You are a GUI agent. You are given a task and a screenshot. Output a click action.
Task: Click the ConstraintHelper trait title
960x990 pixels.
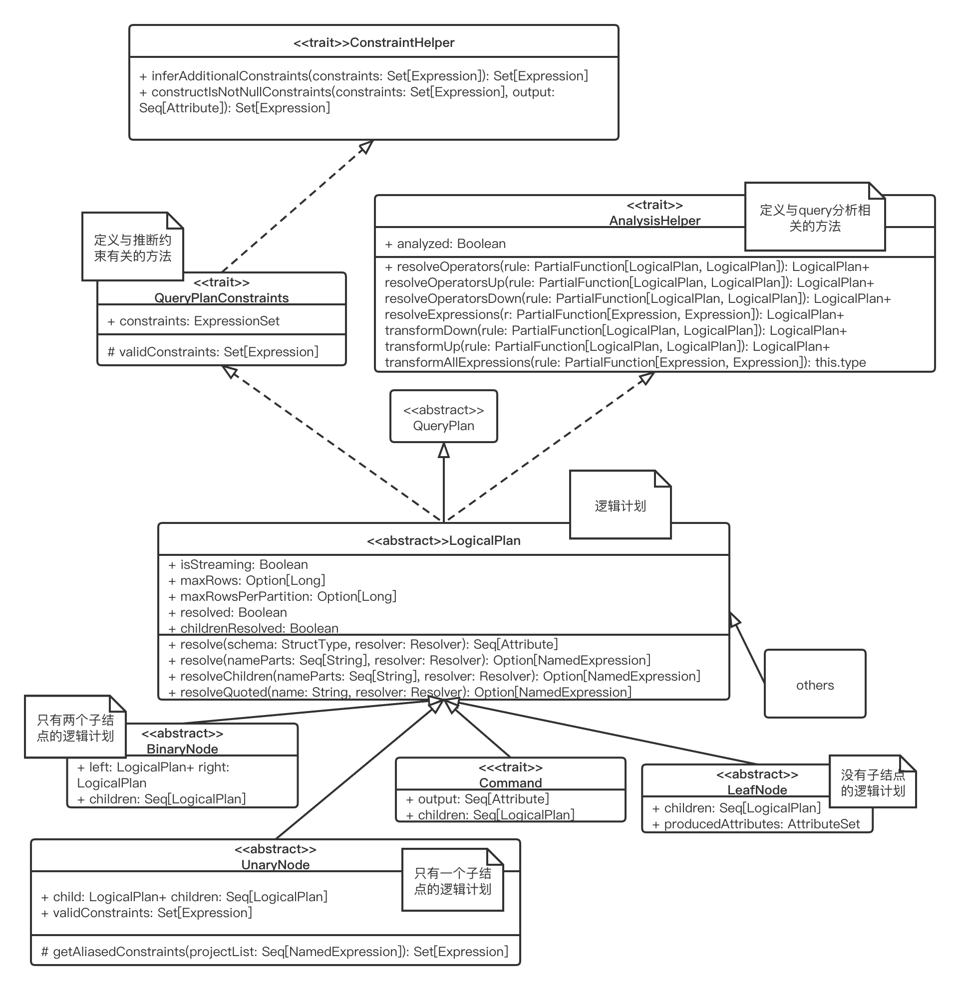(x=374, y=42)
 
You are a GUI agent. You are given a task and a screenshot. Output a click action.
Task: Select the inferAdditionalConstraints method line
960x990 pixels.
(x=364, y=76)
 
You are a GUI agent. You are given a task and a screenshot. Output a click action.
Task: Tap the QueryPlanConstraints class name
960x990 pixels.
(x=221, y=298)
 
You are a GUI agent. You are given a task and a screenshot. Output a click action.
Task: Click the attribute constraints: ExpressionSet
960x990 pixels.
(x=194, y=321)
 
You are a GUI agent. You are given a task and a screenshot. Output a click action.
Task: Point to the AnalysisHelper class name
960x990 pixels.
(x=654, y=221)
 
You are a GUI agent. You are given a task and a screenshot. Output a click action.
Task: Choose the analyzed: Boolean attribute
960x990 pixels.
(x=445, y=244)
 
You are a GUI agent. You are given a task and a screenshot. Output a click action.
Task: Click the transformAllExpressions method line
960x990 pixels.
(x=626, y=363)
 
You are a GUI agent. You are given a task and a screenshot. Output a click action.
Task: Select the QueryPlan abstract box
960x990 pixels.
(x=444, y=417)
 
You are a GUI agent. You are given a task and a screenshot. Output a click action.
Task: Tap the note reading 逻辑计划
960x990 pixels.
(x=621, y=505)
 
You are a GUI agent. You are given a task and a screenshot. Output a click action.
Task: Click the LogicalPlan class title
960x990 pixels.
(x=444, y=541)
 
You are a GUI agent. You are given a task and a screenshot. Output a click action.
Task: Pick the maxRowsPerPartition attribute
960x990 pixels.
(x=283, y=596)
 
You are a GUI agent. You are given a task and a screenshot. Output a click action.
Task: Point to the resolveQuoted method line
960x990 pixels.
(x=400, y=693)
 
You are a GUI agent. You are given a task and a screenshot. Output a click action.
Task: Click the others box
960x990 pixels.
(x=815, y=684)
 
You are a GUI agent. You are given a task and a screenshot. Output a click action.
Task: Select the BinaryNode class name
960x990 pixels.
(x=182, y=749)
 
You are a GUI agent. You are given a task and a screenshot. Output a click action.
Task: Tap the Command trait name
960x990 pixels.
(x=510, y=783)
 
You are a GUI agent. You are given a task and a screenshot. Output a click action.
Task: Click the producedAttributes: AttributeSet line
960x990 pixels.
(x=756, y=824)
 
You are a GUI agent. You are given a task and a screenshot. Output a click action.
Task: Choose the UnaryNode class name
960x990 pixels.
(x=276, y=865)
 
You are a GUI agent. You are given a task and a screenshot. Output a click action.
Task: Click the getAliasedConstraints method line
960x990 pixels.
(x=275, y=952)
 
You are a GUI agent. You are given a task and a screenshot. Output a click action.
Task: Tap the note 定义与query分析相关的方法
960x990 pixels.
(x=815, y=217)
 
